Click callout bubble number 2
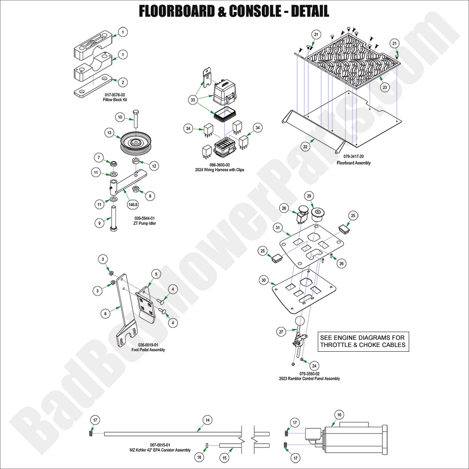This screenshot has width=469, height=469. coord(123,82)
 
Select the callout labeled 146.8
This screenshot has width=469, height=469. coord(133,204)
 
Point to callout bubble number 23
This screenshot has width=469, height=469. coord(384,88)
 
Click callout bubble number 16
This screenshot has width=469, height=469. coord(339,415)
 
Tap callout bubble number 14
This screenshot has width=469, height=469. coord(207,420)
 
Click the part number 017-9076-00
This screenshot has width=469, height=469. coord(113,95)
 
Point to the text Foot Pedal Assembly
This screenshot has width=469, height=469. coord(148,350)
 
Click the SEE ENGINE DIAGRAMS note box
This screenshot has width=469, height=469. coord(363,341)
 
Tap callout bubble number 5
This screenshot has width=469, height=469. coord(156,274)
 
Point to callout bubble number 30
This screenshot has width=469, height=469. coord(263,280)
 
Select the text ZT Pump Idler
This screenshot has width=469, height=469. coord(145,223)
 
